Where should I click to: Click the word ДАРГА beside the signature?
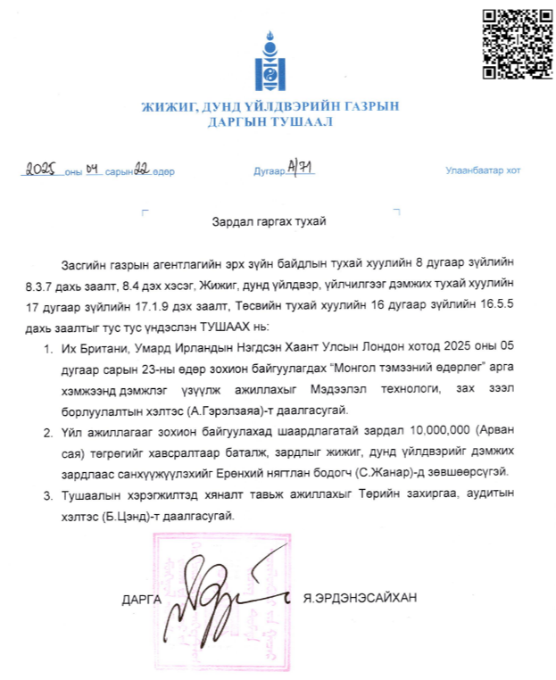click(141, 599)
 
